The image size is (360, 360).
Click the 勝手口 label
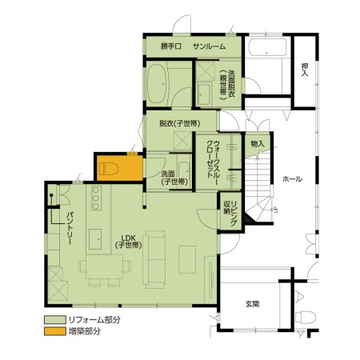coord(171,46)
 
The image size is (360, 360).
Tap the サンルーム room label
coord(210,46)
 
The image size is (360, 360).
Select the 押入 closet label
coord(305,70)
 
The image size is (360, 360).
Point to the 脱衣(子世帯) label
coord(180,123)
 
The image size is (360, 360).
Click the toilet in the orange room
coord(109,169)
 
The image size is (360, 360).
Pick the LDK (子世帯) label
coord(129,242)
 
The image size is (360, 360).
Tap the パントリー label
coord(70,229)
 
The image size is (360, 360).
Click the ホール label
coord(292,179)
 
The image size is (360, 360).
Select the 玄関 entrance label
coord(252,304)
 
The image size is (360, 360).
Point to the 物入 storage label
coord(258,144)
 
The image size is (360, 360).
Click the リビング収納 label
coord(230,214)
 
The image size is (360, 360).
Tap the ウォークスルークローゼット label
coord(213,159)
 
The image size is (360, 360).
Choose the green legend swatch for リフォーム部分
coord(55,320)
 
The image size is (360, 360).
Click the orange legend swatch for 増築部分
coord(55,331)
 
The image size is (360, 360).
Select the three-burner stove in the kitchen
coord(96,198)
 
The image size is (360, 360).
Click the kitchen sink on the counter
coord(95,239)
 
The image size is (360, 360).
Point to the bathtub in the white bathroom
coord(267,47)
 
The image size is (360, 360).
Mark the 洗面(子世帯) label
coord(174,178)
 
